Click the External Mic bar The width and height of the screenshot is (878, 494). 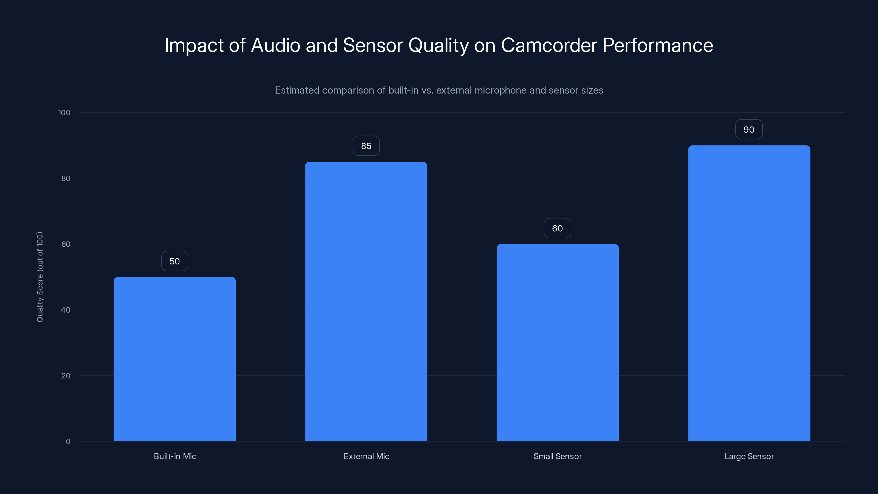pos(366,301)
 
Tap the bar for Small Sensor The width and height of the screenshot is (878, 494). pos(558,342)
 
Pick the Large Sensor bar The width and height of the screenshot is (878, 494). pos(749,293)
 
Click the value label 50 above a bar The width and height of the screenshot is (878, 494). pos(175,261)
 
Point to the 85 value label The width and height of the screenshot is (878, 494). pos(366,146)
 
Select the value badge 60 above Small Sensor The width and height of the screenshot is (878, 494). pos(557,228)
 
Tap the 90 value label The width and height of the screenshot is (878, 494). pos(749,130)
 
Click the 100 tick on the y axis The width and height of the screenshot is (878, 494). pos(64,113)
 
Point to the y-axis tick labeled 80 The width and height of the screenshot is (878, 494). pos(66,179)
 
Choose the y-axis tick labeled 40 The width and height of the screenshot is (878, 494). pos(66,310)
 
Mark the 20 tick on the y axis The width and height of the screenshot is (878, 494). pos(66,376)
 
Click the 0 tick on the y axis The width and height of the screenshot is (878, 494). pos(68,442)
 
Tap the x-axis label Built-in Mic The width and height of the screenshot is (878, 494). pos(175,456)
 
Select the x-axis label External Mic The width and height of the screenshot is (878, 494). pos(366,456)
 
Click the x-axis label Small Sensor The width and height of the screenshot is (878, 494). pos(558,456)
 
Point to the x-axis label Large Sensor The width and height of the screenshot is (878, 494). pos(749,456)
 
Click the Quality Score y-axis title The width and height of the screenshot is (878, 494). pos(40,277)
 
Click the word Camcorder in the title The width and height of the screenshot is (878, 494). pos(549,45)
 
